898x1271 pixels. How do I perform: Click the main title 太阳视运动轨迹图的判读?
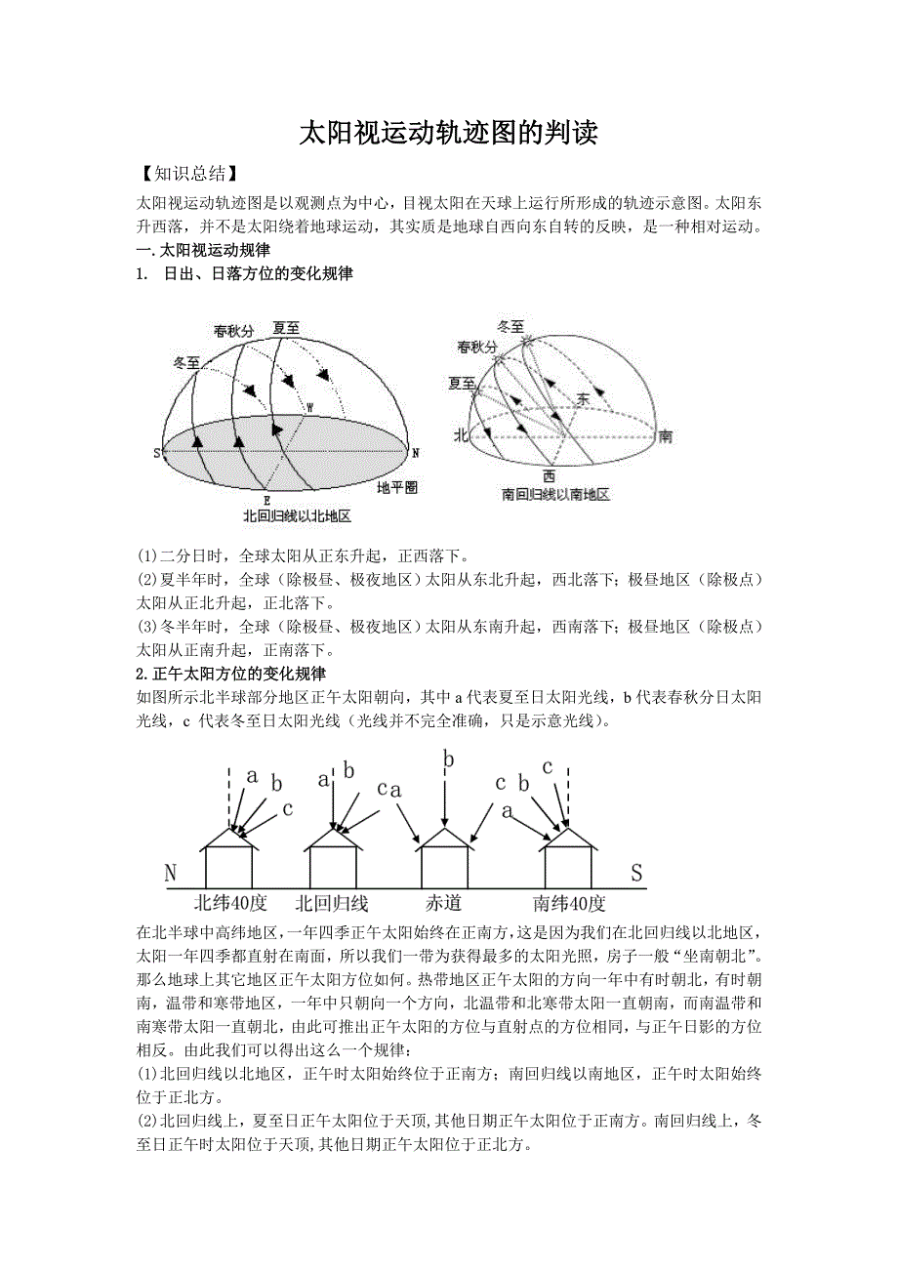click(x=448, y=134)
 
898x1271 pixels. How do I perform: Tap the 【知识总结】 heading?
click(x=184, y=174)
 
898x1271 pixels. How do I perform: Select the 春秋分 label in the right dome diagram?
click(x=476, y=348)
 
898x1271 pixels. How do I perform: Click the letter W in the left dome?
click(x=310, y=407)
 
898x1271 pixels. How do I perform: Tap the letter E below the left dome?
click(x=266, y=500)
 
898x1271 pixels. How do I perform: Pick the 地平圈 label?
click(x=397, y=485)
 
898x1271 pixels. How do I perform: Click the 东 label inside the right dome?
click(x=583, y=398)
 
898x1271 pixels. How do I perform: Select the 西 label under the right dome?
click(x=550, y=476)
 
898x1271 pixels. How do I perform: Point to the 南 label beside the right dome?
click(x=664, y=435)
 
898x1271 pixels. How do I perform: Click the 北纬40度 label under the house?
click(x=230, y=902)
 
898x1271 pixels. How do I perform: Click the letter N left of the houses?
click(x=170, y=873)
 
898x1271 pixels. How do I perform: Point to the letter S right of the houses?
click(x=637, y=873)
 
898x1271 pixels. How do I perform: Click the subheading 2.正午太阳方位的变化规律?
click(x=231, y=674)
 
